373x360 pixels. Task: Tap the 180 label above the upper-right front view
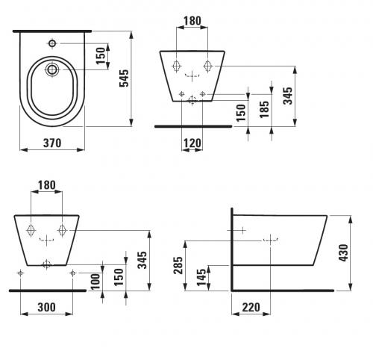[x=192, y=21]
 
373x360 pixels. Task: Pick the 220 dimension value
[x=251, y=307]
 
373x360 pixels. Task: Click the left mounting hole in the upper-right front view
[x=176, y=66]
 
